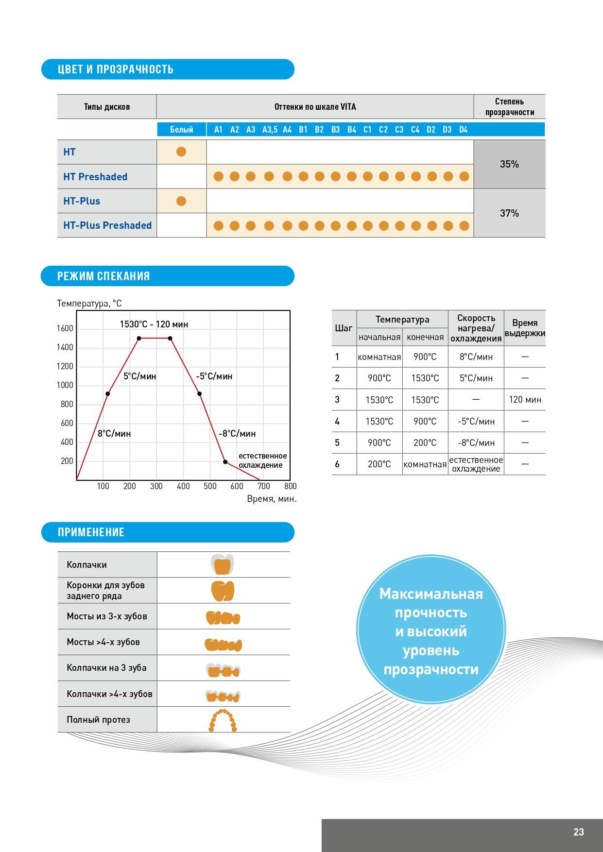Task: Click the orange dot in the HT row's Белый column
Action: pos(181,152)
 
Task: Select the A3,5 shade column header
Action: pos(270,130)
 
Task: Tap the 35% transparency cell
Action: pos(509,164)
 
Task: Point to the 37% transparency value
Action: pos(509,213)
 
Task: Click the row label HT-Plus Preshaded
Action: pos(107,225)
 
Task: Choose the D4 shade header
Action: pos(463,130)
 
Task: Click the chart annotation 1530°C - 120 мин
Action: pos(154,324)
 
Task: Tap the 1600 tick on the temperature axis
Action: pos(65,328)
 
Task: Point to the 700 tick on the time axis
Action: pos(263,486)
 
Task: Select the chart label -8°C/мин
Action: pos(237,433)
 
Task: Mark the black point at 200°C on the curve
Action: pos(225,461)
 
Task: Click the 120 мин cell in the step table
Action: pos(525,399)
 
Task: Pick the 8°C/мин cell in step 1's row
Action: pos(476,357)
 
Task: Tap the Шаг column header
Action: pos(344,328)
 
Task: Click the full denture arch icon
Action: pos(223,720)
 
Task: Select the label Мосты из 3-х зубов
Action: pos(107,616)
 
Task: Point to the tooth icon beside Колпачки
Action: pos(223,564)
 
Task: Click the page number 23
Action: pos(578,832)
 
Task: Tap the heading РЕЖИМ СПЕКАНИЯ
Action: pos(103,276)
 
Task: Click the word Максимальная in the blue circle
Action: pos(431,594)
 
